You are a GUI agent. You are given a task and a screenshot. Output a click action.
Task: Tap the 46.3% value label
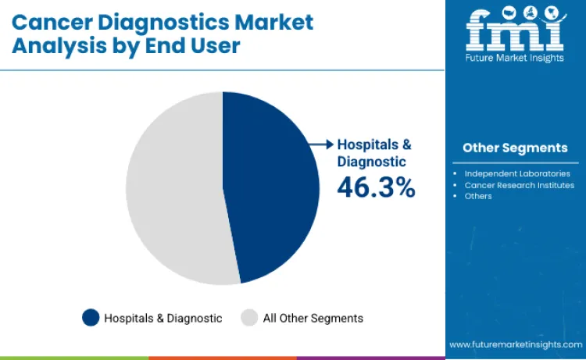coord(376,187)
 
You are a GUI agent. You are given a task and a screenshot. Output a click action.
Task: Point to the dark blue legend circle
coord(91,318)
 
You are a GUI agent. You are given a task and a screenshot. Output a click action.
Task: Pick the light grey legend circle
coord(249,318)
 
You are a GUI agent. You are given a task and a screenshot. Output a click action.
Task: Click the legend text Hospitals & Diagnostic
coord(163,318)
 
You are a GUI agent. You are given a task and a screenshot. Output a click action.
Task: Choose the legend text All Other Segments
coord(313,318)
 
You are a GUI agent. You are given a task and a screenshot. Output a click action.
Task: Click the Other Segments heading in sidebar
coord(515,148)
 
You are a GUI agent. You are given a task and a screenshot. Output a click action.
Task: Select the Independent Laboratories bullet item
coord(516,173)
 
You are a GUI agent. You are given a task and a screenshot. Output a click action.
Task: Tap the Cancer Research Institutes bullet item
coord(519,185)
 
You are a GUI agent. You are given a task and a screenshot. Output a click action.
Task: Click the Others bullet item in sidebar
coord(477,197)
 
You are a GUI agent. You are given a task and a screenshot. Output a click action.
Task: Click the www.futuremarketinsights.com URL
coord(515,344)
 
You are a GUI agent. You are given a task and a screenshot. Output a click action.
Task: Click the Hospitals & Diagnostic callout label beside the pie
coord(373,153)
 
